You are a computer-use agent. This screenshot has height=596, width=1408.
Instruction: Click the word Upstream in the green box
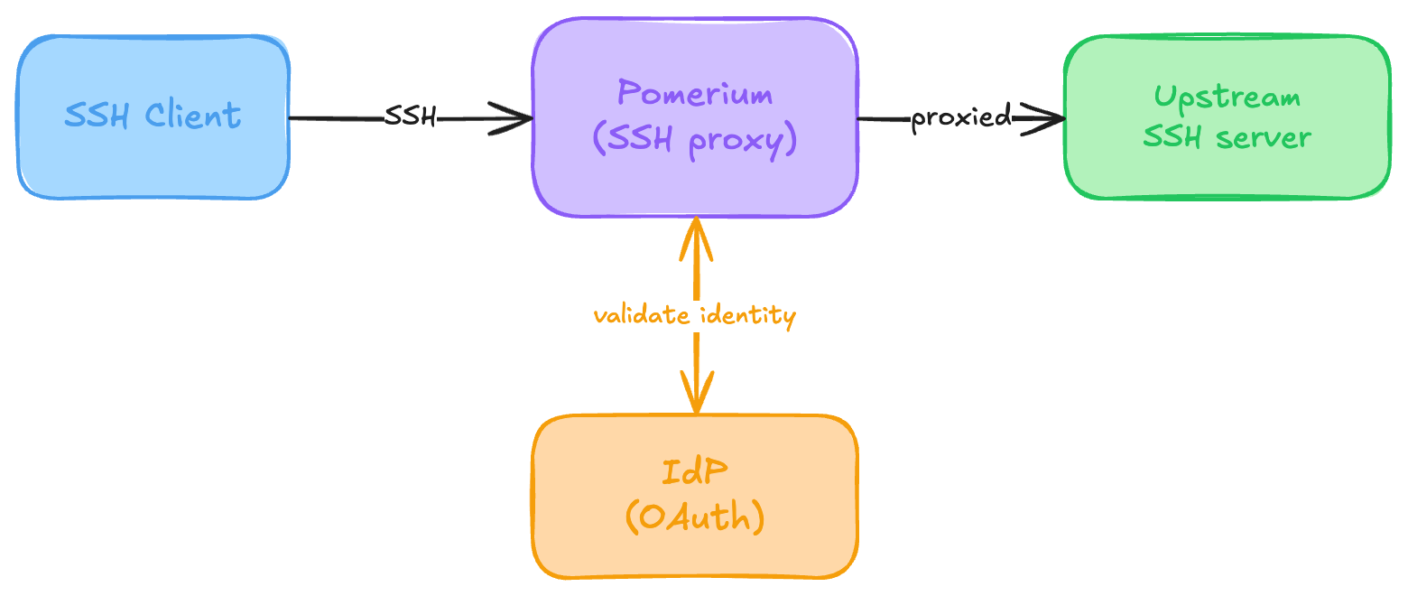tap(1227, 97)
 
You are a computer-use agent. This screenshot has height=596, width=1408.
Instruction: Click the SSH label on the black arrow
tap(410, 116)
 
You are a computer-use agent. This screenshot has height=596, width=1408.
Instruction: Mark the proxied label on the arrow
tap(960, 117)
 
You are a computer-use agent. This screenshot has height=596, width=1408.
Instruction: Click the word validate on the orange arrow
tap(635, 316)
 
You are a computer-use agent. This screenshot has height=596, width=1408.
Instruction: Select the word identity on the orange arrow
tap(751, 316)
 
